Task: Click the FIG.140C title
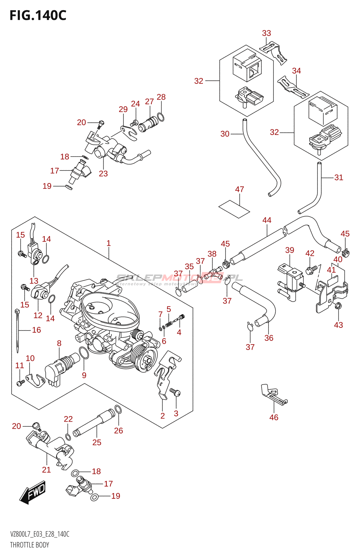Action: [38, 15]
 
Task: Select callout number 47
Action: [239, 189]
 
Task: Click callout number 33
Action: [267, 33]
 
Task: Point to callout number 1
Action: [108, 243]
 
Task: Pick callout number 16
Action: [37, 330]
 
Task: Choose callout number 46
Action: [274, 417]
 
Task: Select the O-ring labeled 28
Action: [160, 117]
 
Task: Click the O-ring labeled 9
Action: [84, 353]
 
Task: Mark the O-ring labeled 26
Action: [118, 410]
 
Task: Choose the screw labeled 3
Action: [175, 393]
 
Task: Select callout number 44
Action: [267, 220]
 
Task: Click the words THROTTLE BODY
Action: [30, 545]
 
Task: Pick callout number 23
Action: [103, 174]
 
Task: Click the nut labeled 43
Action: [338, 307]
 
